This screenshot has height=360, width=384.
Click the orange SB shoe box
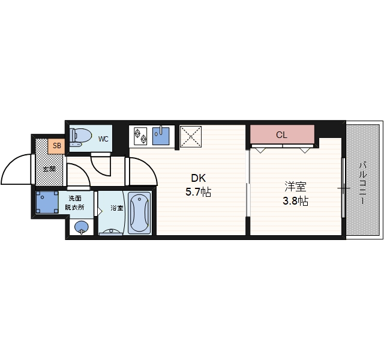click(56, 146)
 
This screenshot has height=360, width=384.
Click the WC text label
click(103, 139)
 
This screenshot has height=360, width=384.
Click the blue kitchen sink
click(161, 136)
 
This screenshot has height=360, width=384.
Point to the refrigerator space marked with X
click(191, 137)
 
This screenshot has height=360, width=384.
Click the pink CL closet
click(282, 134)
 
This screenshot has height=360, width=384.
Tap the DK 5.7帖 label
click(199, 185)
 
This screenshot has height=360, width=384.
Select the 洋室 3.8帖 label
click(296, 193)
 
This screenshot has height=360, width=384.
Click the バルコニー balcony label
click(362, 182)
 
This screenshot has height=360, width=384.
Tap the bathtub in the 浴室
click(139, 213)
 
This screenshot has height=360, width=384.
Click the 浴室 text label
click(116, 208)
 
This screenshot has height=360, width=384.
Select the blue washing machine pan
click(47, 202)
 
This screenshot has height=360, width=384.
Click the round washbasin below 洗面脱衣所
click(82, 227)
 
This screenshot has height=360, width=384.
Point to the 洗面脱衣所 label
click(74, 203)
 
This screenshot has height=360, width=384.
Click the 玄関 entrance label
click(49, 169)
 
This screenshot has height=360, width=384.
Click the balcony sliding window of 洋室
click(343, 188)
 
